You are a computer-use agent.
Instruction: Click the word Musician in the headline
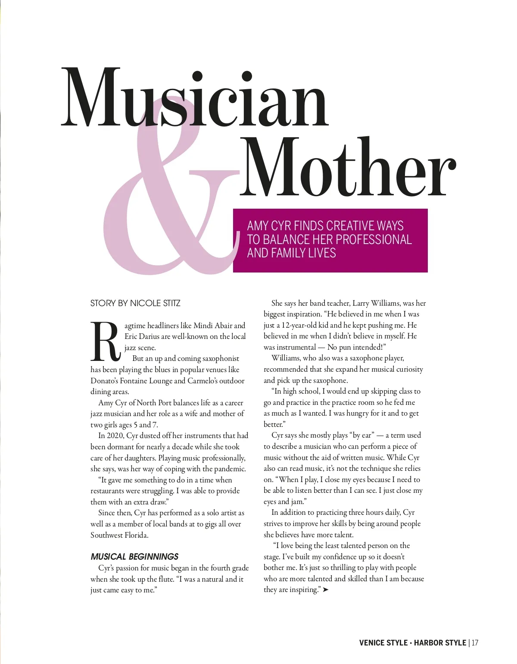pos(195,98)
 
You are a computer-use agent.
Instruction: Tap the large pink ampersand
pos(168,203)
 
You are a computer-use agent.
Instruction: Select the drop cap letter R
pos(105,341)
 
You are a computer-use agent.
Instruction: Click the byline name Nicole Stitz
pos(155,303)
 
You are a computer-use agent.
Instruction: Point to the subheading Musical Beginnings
pos(134,557)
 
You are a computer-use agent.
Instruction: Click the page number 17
pos(475,643)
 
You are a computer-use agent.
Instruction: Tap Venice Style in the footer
pos(383,643)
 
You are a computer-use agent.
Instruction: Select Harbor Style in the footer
pos(440,643)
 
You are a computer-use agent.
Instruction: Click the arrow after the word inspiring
pos(326,590)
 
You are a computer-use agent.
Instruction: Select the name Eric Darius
pos(142,336)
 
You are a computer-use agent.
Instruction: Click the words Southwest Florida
pos(119,535)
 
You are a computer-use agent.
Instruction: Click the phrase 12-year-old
pos(299,325)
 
